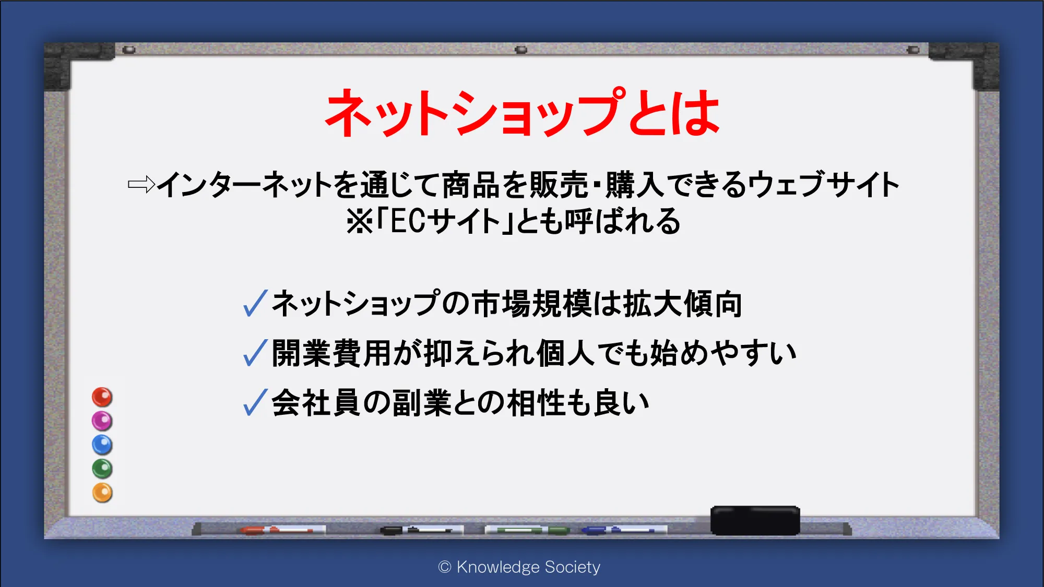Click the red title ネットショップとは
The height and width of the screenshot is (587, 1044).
pos(522,112)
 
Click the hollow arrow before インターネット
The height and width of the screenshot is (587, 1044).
pos(141,184)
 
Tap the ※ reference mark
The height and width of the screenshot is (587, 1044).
pos(360,221)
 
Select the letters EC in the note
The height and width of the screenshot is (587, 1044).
pos(408,221)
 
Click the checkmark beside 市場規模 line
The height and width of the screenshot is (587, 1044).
pos(255,303)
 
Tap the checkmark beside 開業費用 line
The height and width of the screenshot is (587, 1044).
pos(255,353)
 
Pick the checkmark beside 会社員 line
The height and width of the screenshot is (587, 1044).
pos(255,402)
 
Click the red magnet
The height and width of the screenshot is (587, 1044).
pos(102,397)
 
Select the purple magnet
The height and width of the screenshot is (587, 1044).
pos(102,421)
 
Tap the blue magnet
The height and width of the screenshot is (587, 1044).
pos(102,445)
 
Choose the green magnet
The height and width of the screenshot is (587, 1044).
pos(102,469)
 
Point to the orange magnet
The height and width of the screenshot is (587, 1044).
pos(102,493)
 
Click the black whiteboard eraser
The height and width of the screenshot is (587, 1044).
pos(755,520)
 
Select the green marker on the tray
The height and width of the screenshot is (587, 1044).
pos(527,531)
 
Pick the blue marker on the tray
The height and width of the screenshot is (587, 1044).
pos(624,530)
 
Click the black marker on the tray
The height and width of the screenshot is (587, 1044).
pos(422,530)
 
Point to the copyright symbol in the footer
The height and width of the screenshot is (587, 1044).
pos(445,567)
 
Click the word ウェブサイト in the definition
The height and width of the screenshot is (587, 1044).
pos(824,184)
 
